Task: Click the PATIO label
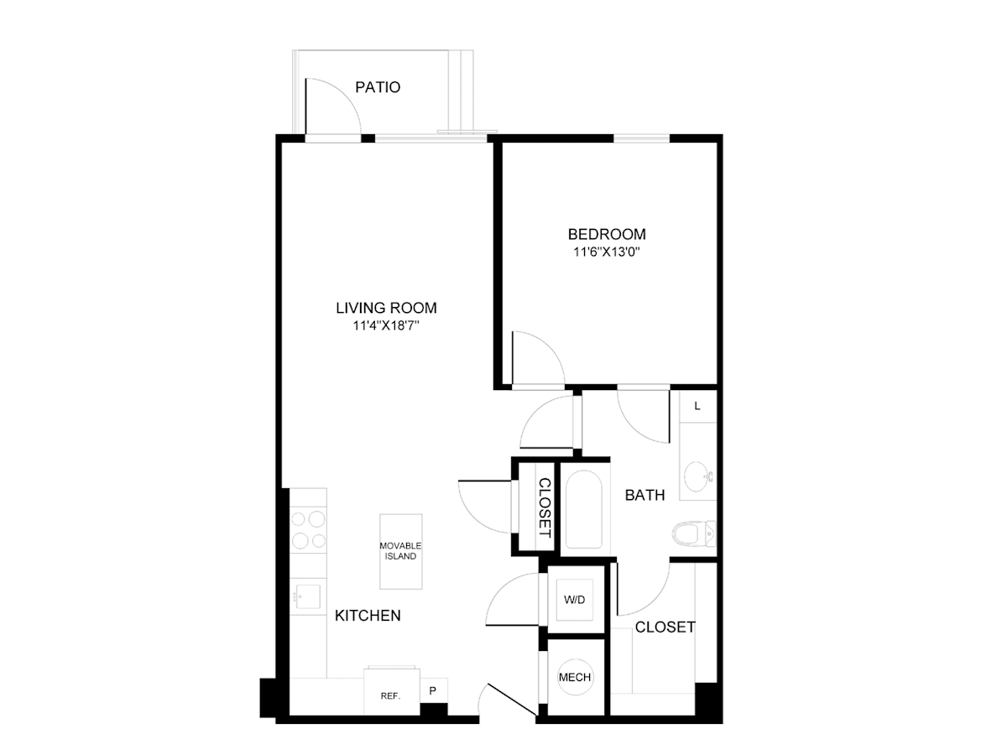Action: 378,87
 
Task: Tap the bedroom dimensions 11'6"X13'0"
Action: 607,253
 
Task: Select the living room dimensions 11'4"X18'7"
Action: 386,326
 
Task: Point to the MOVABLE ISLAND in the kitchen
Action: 400,551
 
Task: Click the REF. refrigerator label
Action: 390,696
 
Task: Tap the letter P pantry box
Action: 433,690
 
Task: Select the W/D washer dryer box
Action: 574,600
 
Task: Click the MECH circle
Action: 575,678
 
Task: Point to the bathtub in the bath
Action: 583,509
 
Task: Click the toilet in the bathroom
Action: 694,534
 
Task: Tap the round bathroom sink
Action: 697,476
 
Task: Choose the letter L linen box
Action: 698,406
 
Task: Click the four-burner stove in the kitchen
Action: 308,530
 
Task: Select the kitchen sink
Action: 308,596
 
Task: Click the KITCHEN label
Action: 368,616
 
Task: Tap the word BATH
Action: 644,495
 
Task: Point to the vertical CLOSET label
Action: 545,508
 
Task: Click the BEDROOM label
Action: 607,234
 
